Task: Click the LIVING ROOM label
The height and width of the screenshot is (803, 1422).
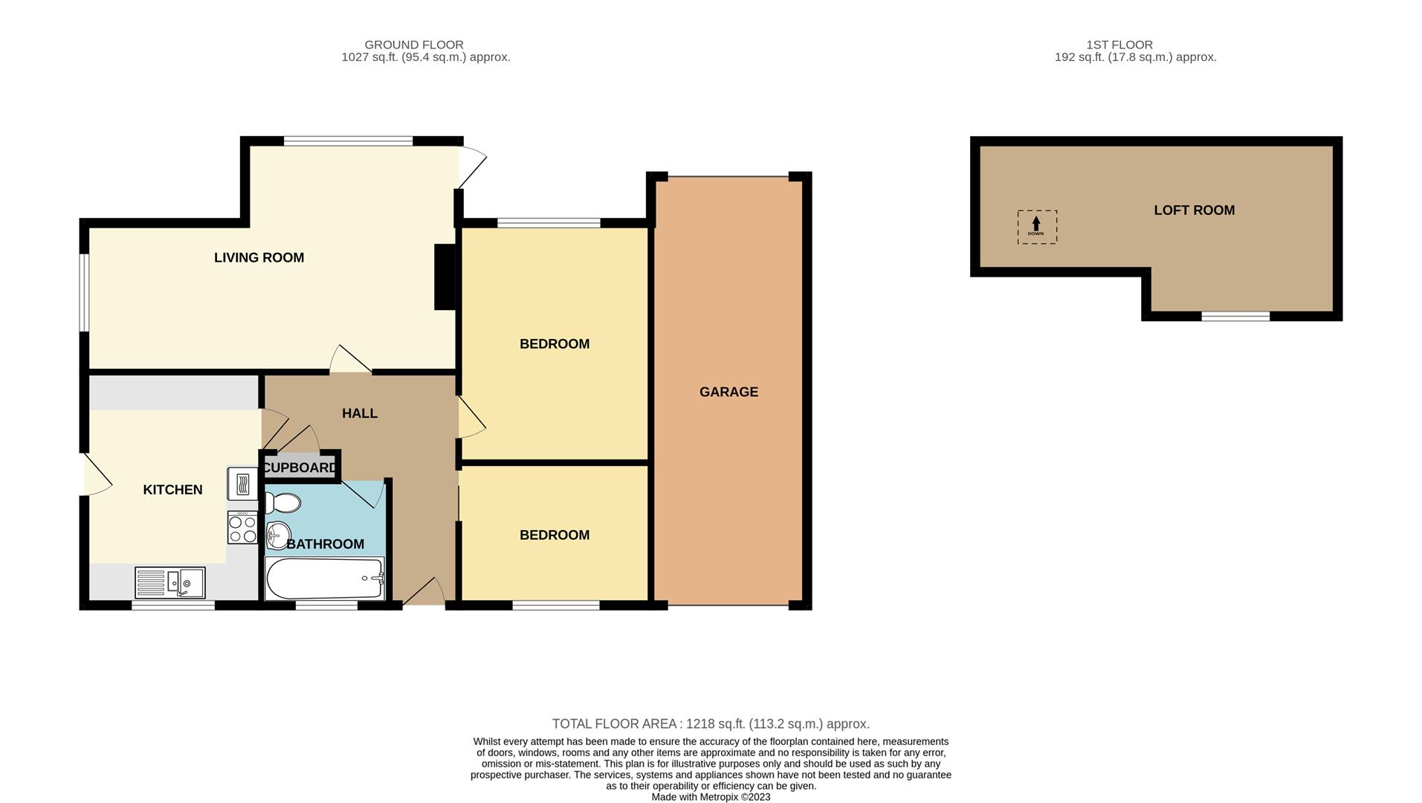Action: click(259, 258)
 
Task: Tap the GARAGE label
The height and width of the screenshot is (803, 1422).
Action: click(728, 392)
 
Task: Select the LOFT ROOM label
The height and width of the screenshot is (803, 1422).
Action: click(1194, 210)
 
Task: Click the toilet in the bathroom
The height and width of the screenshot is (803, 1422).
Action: click(282, 503)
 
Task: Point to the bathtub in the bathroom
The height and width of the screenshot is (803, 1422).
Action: click(325, 578)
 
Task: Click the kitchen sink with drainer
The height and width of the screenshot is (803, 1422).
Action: click(170, 582)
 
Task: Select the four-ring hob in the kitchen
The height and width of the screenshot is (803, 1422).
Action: click(242, 527)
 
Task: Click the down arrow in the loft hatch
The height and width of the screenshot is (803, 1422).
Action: click(1036, 224)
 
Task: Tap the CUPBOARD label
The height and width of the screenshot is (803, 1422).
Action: click(300, 468)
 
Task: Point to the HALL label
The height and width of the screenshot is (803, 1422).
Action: click(360, 413)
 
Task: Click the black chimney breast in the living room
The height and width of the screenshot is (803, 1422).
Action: click(445, 277)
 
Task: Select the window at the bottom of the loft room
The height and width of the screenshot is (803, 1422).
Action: click(1235, 317)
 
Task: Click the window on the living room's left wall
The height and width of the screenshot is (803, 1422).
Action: click(85, 292)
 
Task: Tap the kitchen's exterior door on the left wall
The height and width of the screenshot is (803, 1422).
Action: click(96, 474)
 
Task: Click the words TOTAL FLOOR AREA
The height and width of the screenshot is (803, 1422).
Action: click(614, 724)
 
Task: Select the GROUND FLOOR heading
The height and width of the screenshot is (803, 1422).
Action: click(414, 45)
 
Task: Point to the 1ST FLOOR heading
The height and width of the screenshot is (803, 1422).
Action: click(1119, 45)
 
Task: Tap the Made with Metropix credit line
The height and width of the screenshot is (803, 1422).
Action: click(711, 797)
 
